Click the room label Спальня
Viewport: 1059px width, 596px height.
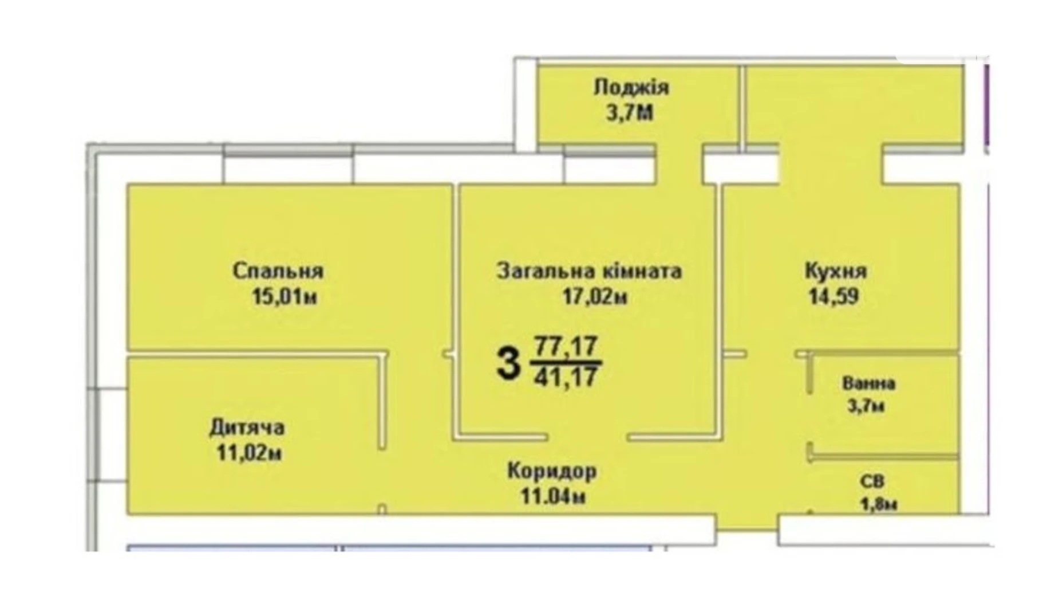278,270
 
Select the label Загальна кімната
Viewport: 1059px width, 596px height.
589,270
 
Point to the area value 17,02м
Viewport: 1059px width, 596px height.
595,297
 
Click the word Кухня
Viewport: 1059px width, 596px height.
836,270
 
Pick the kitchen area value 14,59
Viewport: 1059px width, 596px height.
833,297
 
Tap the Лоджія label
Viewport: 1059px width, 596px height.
631,88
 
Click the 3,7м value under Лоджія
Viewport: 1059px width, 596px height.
630,113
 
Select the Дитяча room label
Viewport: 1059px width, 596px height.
247,428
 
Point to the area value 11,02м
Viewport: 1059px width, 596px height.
248,453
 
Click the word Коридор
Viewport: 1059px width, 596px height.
552,471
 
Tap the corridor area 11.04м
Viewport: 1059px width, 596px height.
553,497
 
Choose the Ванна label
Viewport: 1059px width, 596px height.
868,383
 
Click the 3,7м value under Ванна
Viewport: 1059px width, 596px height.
866,406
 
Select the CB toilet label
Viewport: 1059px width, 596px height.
872,482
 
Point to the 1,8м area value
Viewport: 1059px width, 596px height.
878,504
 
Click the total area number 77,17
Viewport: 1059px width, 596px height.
566,346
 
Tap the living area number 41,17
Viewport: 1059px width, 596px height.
566,377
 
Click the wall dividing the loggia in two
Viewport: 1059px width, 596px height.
742,106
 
